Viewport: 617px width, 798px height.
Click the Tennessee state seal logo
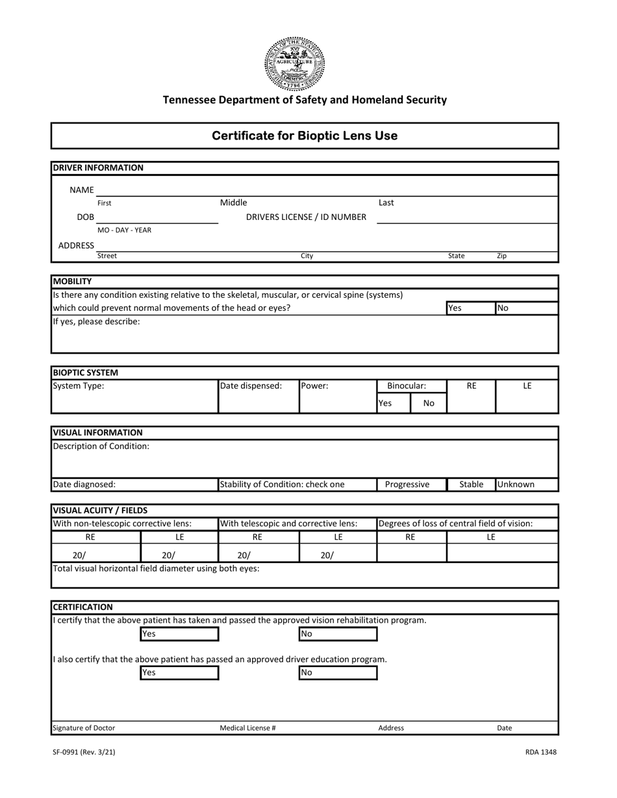point(294,63)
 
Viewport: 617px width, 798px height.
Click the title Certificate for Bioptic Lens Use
point(305,136)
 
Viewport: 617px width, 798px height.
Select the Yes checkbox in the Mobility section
point(470,308)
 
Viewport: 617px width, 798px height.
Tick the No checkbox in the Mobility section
point(526,308)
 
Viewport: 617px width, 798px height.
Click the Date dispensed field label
point(251,386)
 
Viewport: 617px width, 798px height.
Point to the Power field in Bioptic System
point(337,396)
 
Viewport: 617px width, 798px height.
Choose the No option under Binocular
point(429,403)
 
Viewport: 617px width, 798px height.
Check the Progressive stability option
point(407,484)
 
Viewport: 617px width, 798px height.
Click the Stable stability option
point(472,484)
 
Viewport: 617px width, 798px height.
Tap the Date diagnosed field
point(134,484)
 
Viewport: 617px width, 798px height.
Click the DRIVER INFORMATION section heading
point(98,167)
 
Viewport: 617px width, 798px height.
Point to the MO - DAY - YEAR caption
point(124,230)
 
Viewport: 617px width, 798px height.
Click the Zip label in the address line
point(501,256)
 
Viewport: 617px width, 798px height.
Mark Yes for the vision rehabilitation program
point(179,634)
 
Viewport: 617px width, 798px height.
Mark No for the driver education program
point(338,673)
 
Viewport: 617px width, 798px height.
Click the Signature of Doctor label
point(84,728)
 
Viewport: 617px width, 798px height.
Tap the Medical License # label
point(247,728)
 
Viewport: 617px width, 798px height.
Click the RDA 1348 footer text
point(540,753)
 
